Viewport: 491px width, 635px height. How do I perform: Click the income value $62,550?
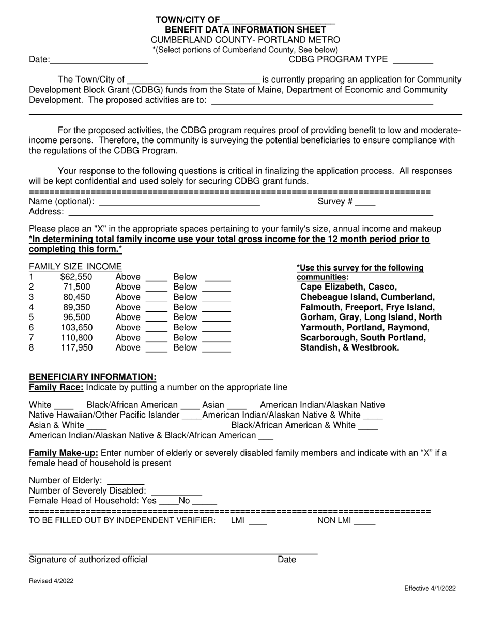click(76, 277)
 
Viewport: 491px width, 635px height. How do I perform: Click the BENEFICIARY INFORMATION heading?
click(93, 377)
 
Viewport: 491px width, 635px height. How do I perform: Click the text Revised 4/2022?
click(51, 581)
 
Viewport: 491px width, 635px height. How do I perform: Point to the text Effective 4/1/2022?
click(429, 588)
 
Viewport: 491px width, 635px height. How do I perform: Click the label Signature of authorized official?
click(88, 560)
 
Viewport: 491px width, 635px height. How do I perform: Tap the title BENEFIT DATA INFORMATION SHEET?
click(245, 29)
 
